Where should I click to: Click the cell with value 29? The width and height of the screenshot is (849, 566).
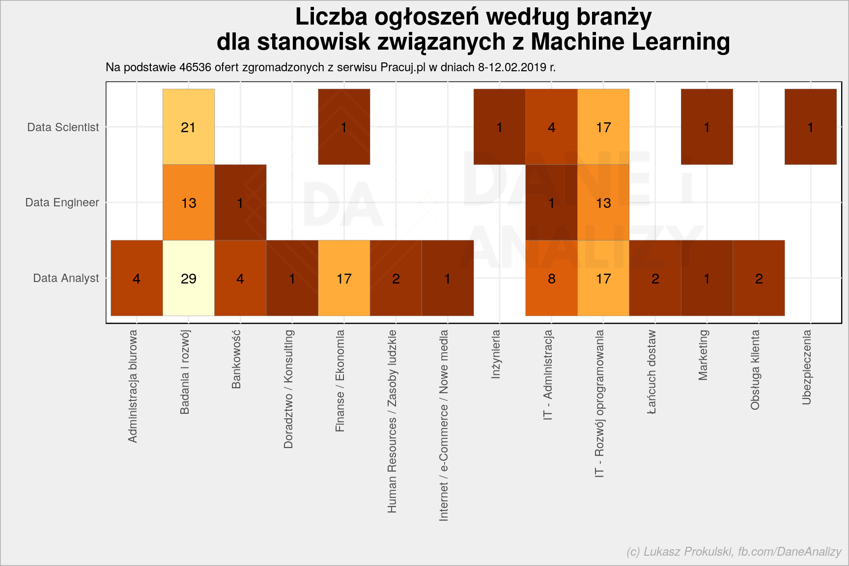tap(189, 278)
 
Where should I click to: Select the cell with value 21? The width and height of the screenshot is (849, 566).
tap(189, 127)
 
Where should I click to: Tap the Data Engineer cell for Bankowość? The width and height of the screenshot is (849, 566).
tap(240, 202)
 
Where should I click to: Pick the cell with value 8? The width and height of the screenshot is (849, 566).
tap(551, 278)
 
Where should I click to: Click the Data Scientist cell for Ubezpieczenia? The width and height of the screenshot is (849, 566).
tap(811, 127)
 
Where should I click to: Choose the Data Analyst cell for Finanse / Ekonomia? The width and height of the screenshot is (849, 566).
tap(344, 278)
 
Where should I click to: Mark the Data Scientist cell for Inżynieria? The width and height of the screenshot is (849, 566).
tap(500, 127)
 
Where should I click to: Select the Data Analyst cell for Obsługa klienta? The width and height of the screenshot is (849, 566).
tap(759, 278)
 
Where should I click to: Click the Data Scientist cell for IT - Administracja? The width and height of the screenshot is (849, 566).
tap(551, 127)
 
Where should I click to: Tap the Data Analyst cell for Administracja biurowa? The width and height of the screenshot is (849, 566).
tap(137, 278)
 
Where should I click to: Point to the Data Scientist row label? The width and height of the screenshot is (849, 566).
tap(63, 127)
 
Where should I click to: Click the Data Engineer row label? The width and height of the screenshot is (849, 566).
tap(62, 202)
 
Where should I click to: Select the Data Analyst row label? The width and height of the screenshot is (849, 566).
tap(66, 278)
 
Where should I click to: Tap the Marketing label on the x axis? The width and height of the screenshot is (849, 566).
tap(703, 355)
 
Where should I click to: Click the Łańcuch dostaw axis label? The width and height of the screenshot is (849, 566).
tap(651, 372)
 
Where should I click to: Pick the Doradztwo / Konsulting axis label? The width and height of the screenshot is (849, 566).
tap(288, 389)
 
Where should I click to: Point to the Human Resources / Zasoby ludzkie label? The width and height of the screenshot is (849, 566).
tap(392, 422)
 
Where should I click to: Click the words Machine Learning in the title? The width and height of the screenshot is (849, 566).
tap(630, 42)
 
